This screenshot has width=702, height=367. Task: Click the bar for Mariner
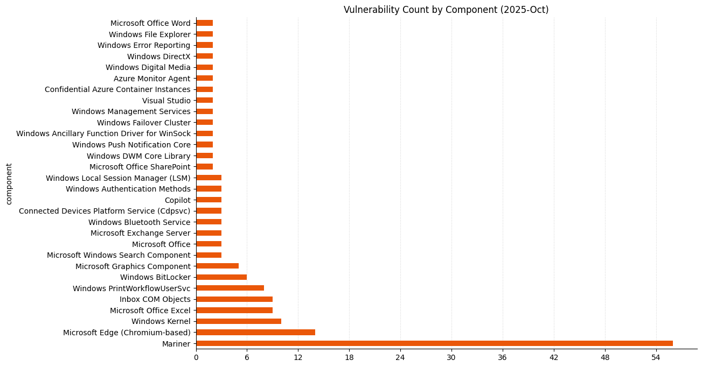click(434, 343)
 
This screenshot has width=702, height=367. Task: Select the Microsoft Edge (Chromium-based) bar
click(255, 332)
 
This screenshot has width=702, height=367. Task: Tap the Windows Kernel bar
click(239, 321)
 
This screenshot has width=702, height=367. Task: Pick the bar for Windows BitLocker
click(221, 277)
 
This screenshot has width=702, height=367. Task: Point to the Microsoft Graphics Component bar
click(217, 266)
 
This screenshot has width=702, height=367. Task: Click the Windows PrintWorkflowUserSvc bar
click(230, 288)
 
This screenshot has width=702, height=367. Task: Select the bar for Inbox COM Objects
click(234, 299)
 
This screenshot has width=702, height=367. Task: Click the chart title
click(446, 10)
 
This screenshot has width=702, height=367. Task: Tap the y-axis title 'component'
click(9, 184)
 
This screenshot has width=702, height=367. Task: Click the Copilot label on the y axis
click(177, 200)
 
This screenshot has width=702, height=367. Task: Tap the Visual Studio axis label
click(166, 101)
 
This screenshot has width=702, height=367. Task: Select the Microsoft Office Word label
click(150, 23)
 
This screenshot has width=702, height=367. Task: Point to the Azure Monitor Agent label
click(152, 79)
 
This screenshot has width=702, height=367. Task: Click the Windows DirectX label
click(158, 57)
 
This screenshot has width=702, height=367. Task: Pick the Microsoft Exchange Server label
click(140, 233)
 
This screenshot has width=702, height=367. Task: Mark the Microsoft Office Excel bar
click(234, 310)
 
